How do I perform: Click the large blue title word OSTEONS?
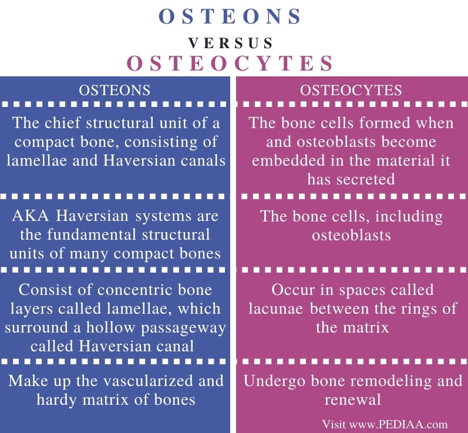tap(234, 17)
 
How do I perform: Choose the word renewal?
tap(352, 400)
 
